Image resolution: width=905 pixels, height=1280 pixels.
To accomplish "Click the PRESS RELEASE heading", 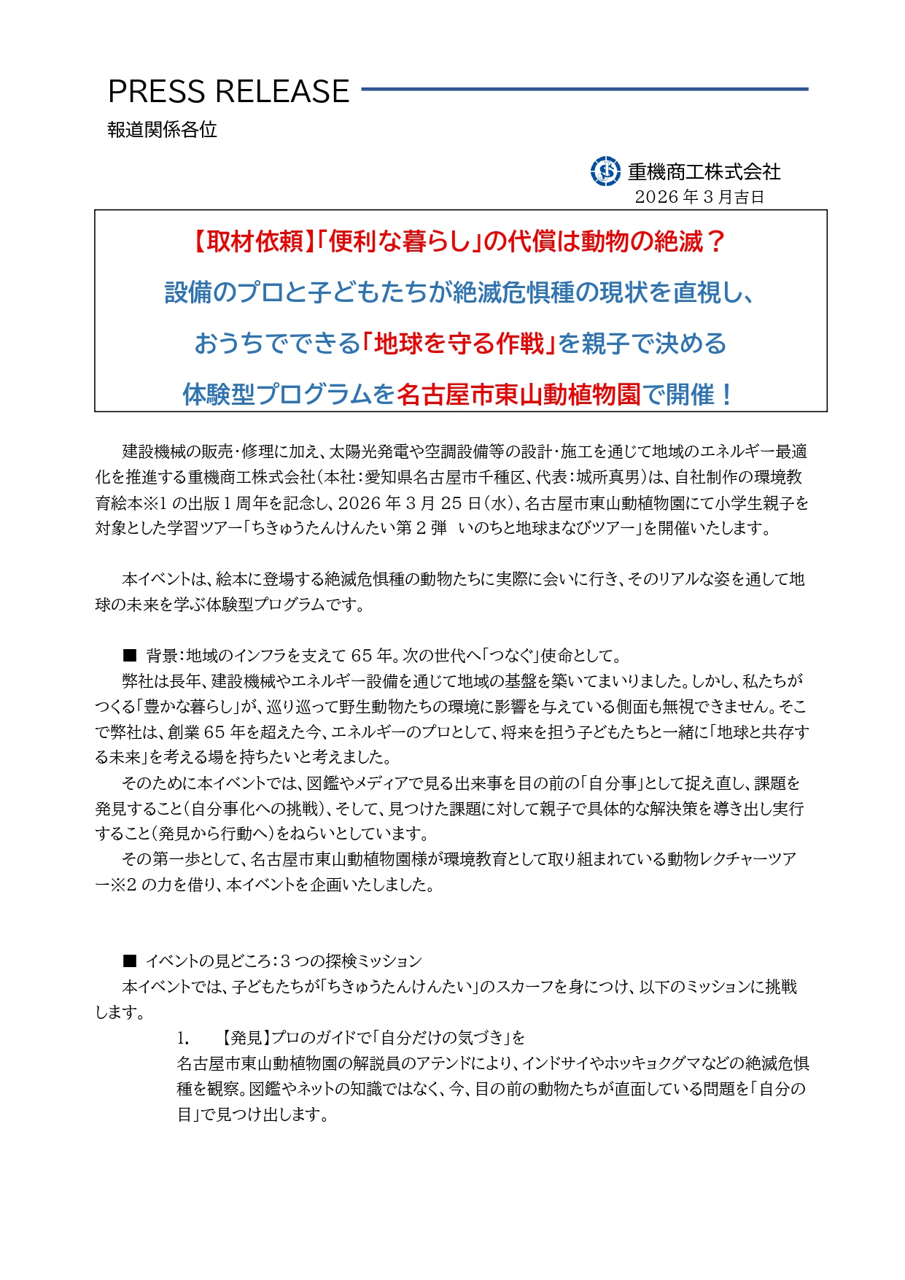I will pyautogui.click(x=228, y=92).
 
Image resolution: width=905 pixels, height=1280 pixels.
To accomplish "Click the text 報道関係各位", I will pyautogui.click(x=162, y=130).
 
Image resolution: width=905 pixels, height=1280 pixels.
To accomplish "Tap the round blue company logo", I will pyautogui.click(x=605, y=171).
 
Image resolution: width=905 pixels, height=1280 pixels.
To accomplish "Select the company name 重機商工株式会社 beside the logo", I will pyautogui.click(x=704, y=172).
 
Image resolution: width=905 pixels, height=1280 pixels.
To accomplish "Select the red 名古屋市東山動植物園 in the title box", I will pyautogui.click(x=519, y=395).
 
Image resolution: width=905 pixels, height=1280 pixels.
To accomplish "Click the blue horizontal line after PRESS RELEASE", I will pyautogui.click(x=584, y=90).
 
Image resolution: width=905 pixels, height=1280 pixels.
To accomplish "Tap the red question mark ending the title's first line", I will pyautogui.click(x=716, y=241).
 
